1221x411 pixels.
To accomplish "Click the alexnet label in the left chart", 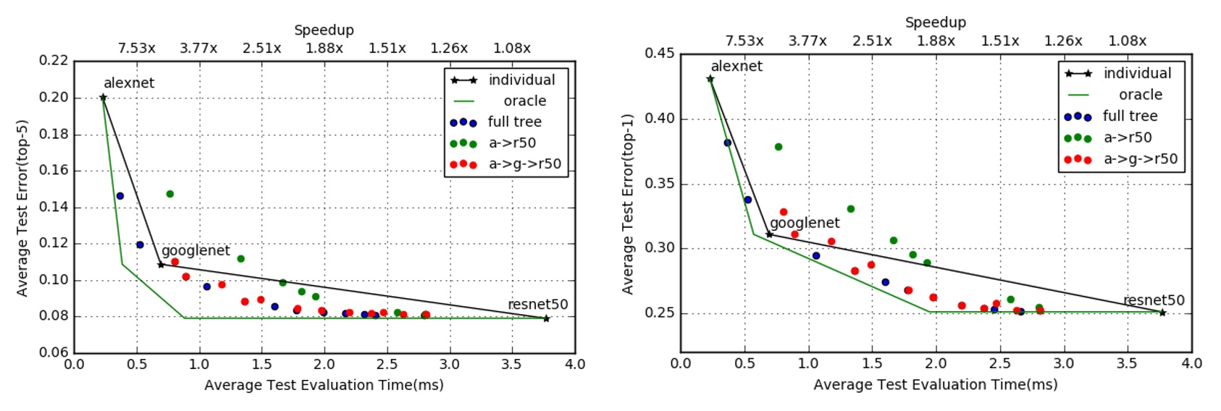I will coord(129,83).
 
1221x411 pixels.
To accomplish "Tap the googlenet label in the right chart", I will coord(805,223).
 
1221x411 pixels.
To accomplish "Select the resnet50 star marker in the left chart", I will coord(546,318).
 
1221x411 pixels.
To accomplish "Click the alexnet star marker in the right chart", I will coord(710,80).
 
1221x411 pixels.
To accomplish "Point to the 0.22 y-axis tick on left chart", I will coord(54,61).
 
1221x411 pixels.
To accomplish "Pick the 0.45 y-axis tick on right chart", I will coord(659,54).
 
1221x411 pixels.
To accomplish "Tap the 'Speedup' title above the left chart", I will coord(324,30).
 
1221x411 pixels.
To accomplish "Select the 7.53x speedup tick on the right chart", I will coord(744,41).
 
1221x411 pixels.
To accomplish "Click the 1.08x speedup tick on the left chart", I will coord(512,48).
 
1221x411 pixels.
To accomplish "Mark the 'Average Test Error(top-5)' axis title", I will coord(22,208).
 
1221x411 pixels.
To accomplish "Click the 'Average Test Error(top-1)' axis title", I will coord(628,204).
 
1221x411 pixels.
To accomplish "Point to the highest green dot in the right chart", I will coord(779,147).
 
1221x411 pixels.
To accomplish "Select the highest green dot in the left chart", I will coord(170,194).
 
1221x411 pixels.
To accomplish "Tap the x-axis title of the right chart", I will coord(935,385).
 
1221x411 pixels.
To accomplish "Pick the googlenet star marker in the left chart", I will coord(161,265).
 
